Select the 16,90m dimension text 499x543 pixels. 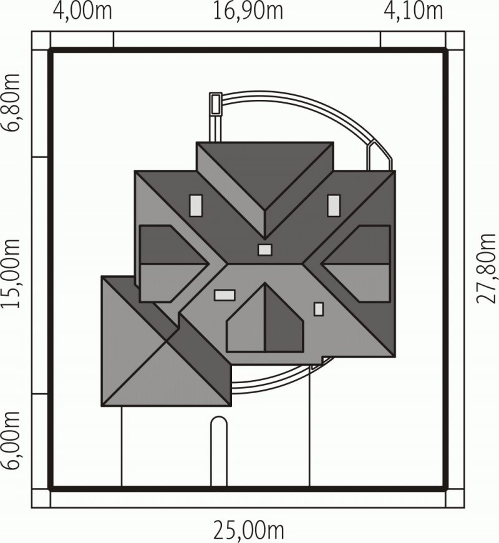(248, 11)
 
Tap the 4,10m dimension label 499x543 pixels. (413, 11)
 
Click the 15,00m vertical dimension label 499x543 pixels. (11, 273)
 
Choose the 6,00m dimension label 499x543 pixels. (11, 440)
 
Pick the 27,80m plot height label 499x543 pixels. (486, 269)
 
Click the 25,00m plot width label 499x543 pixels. (248, 530)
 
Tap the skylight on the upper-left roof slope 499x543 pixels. (196, 206)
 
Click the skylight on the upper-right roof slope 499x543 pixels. (334, 206)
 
